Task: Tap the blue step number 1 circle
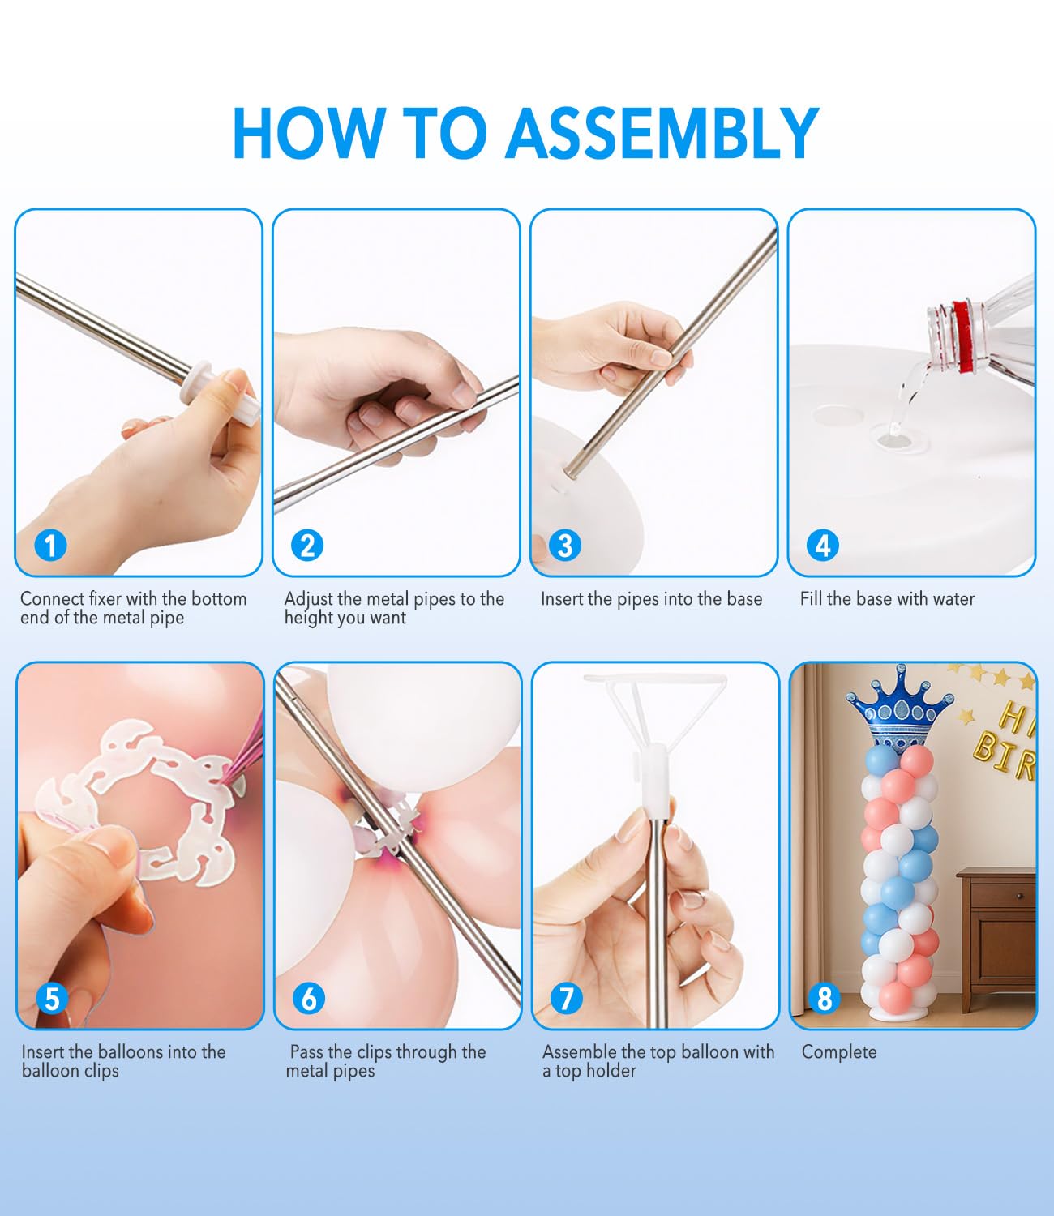50,546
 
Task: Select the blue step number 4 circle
823,546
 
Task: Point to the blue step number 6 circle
309,999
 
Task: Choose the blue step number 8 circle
825,999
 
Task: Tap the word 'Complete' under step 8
839,1052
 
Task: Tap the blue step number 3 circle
565,546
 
